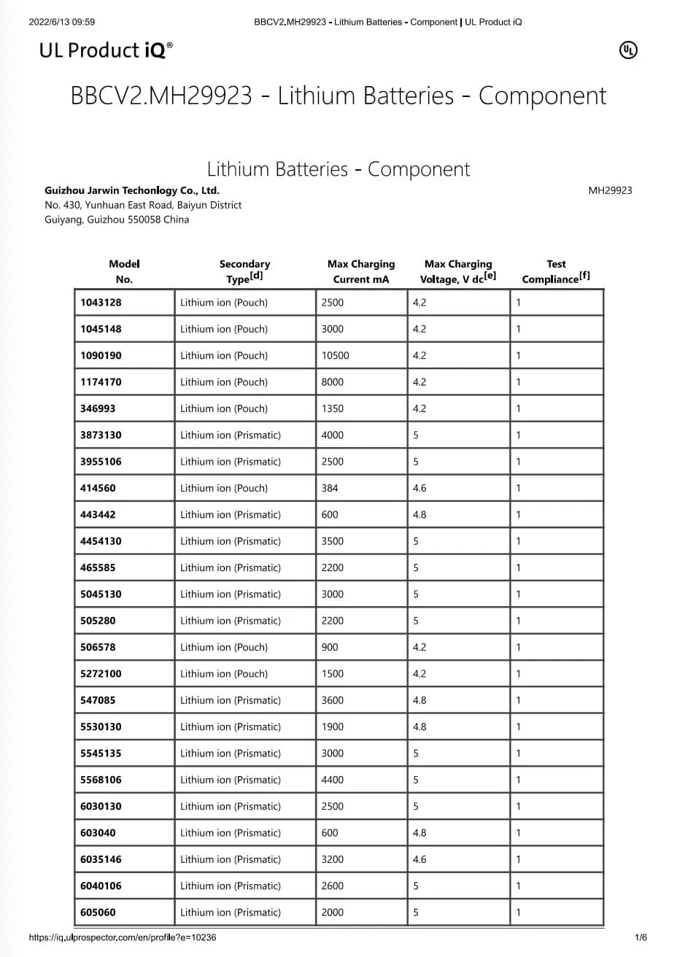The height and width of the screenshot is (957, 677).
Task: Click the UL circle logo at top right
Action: (627, 50)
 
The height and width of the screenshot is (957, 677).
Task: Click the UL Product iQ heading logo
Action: (107, 50)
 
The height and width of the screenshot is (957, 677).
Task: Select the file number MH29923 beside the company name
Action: (610, 190)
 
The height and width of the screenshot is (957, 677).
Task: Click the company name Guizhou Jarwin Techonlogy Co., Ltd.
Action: (132, 190)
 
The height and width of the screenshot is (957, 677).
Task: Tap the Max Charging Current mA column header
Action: (361, 271)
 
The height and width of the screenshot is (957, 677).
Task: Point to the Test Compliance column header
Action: (556, 271)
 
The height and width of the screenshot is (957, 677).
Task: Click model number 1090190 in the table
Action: (101, 355)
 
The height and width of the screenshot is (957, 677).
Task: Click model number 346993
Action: (98, 408)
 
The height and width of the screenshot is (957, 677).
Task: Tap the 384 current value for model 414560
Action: (330, 488)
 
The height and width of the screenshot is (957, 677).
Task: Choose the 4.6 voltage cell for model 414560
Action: (419, 488)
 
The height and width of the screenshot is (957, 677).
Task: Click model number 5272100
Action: (101, 673)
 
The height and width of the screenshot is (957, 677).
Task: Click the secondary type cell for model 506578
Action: (224, 647)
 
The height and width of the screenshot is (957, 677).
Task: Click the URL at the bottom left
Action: (123, 937)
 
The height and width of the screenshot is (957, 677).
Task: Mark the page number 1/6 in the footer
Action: (641, 937)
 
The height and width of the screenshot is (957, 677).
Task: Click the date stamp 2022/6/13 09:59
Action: (62, 22)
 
